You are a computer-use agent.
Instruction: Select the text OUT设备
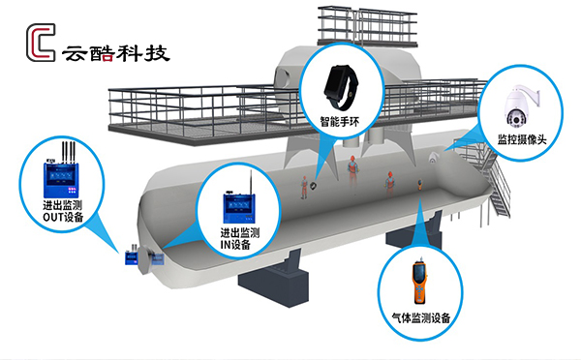pyautogui.click(x=64, y=218)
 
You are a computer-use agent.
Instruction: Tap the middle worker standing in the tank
pyautogui.click(x=354, y=170)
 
